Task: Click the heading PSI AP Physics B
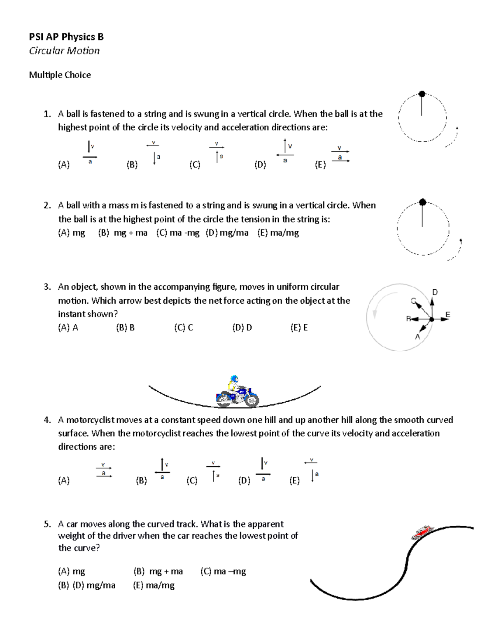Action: point(66,37)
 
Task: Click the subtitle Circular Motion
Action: point(64,51)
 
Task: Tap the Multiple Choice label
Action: point(60,75)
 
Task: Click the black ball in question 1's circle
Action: point(422,94)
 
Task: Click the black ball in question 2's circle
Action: point(422,202)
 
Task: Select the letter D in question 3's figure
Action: point(435,292)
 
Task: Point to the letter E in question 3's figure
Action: point(448,315)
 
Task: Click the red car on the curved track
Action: point(422,532)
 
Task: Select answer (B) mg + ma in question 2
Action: point(123,233)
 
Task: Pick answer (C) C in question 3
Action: point(184,328)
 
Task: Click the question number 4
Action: point(47,420)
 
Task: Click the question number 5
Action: point(47,524)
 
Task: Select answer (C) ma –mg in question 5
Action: point(223,572)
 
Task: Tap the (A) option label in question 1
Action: point(64,165)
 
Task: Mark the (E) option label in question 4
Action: point(294,481)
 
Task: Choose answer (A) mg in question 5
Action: point(72,572)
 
